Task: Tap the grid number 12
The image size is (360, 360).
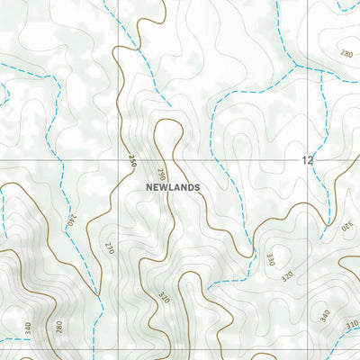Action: pyautogui.click(x=308, y=160)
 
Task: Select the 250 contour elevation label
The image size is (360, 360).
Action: pyautogui.click(x=131, y=162)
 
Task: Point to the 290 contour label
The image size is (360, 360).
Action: pyautogui.click(x=162, y=174)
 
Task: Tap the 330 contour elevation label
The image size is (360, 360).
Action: pyautogui.click(x=270, y=260)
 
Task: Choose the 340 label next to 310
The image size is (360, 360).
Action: pyautogui.click(x=325, y=315)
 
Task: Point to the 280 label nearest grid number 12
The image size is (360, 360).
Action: pyautogui.click(x=347, y=54)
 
